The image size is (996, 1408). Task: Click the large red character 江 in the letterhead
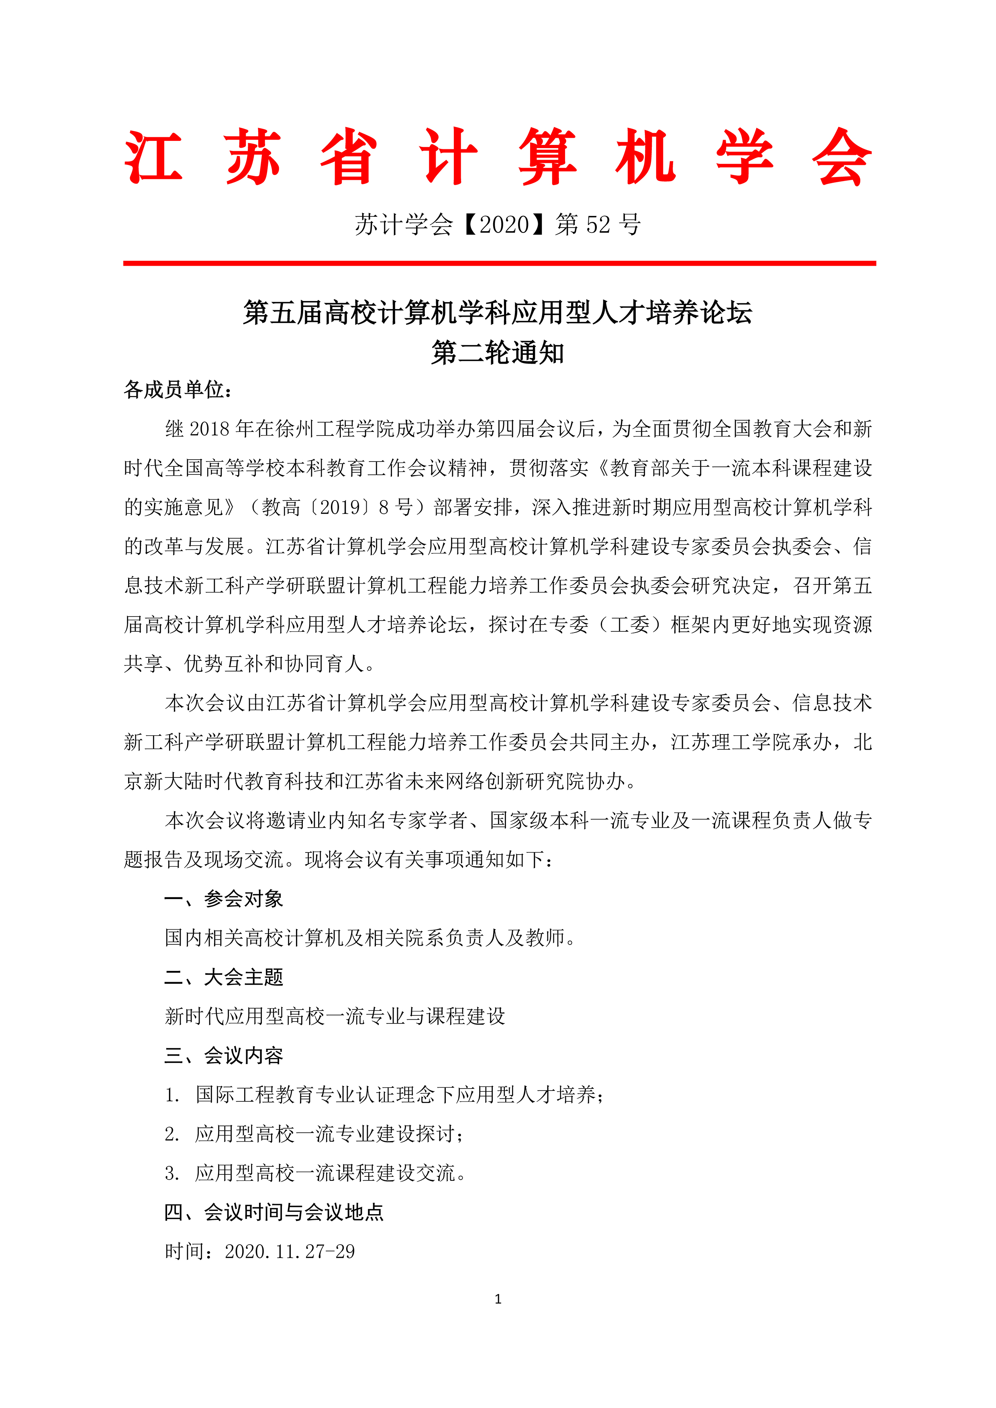point(153,157)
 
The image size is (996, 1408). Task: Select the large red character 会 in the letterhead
point(842,157)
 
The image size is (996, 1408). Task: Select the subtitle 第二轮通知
point(498,353)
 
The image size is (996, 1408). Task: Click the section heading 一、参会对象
point(223,899)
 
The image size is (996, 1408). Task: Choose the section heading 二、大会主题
point(223,977)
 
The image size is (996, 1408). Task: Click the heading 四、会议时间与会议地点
point(274,1213)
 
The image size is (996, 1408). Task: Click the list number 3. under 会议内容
point(172,1174)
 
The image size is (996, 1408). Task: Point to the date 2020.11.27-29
point(290,1251)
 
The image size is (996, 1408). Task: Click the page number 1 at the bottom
point(498,1299)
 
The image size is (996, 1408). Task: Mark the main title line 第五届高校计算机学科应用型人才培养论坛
point(498,313)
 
